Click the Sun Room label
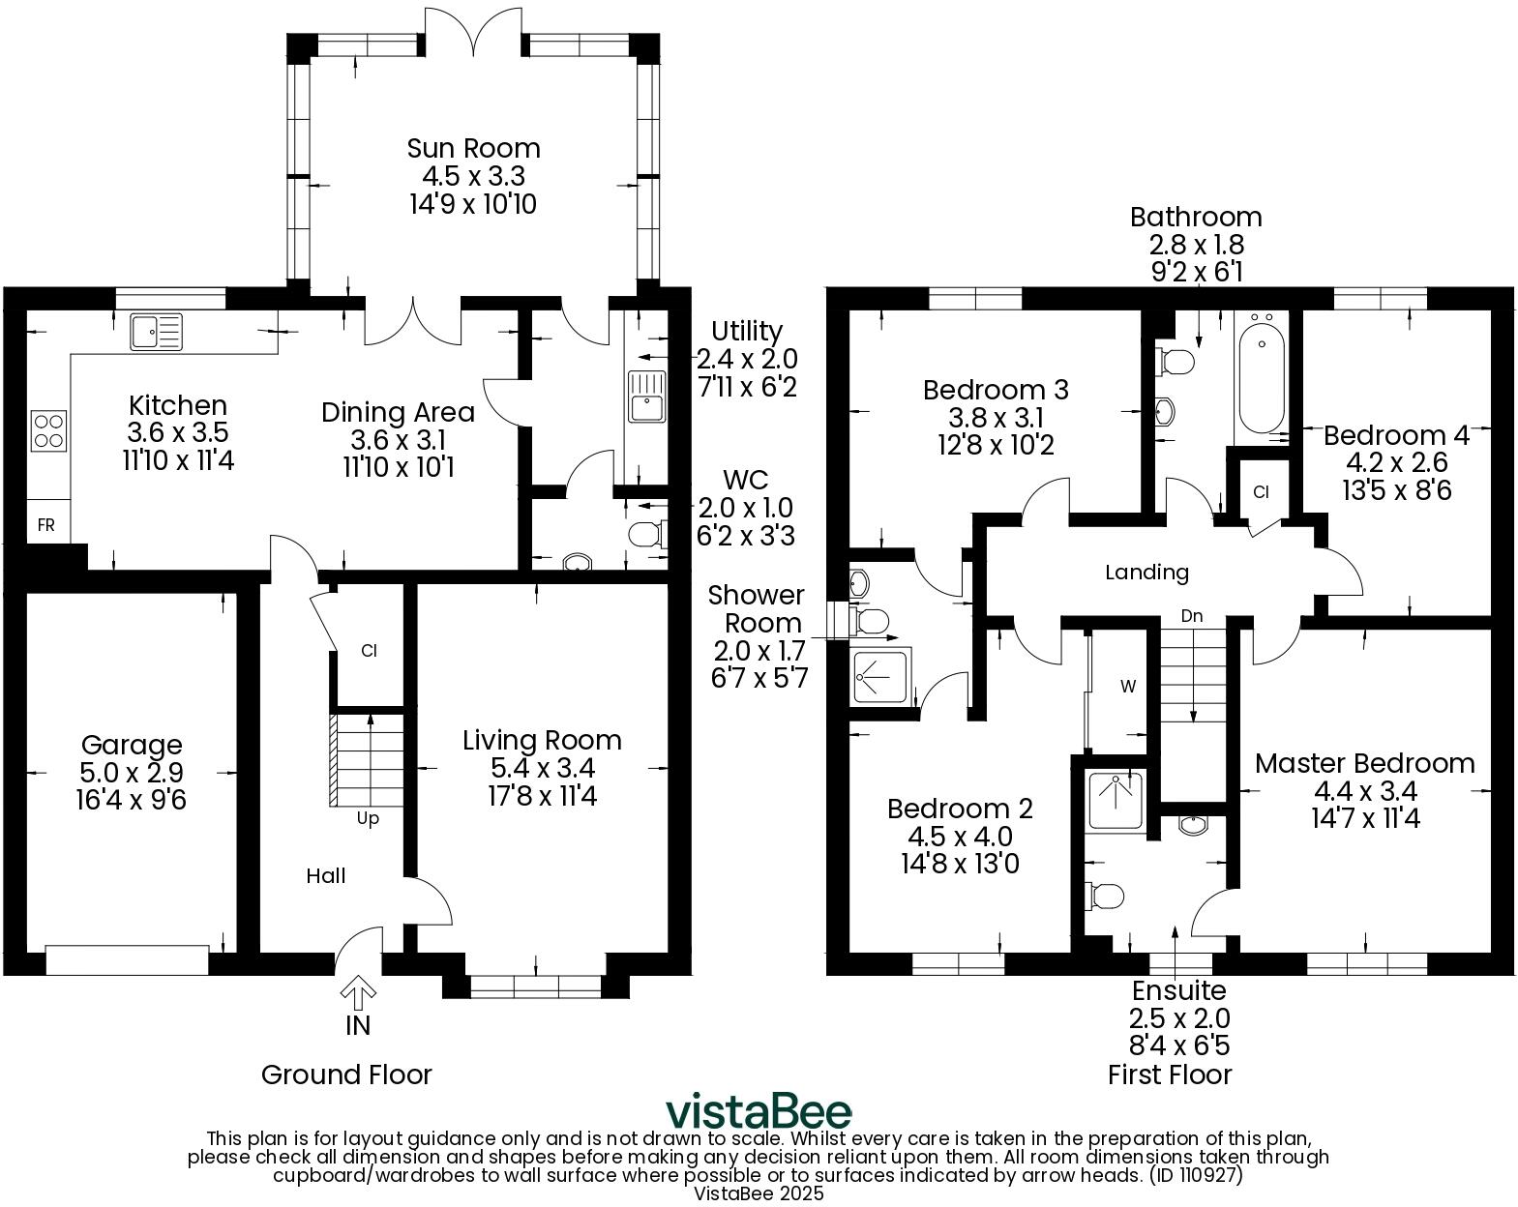click(x=473, y=148)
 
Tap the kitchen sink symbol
click(x=156, y=332)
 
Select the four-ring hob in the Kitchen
click(x=48, y=431)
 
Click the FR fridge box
click(x=46, y=525)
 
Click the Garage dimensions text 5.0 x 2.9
click(x=132, y=773)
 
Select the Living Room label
click(x=542, y=741)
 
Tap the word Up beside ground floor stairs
click(x=368, y=819)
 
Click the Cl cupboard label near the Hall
click(x=369, y=651)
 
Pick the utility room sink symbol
click(x=646, y=397)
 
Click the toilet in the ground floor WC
click(x=646, y=534)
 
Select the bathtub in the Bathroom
click(x=1261, y=379)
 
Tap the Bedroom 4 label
click(x=1396, y=435)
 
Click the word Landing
click(x=1146, y=573)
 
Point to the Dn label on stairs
click(x=1192, y=616)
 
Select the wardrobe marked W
click(x=1127, y=687)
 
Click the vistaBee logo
click(x=759, y=1112)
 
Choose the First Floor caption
click(x=1170, y=1075)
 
